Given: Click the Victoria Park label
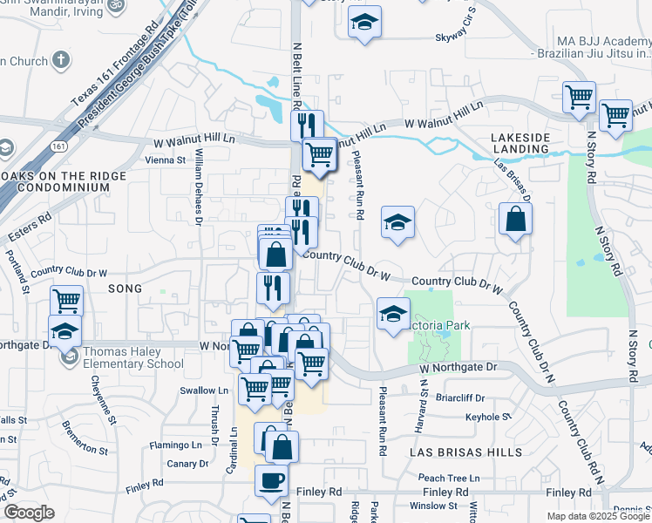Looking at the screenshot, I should pos(442,325).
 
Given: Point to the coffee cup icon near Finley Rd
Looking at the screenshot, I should pos(271,480).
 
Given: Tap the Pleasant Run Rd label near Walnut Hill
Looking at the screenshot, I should pos(358,183).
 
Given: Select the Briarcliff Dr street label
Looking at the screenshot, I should pos(462,397).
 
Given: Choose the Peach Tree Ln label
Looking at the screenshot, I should pos(449,478).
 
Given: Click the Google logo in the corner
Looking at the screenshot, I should pos(29,513).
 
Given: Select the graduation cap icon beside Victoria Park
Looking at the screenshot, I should pos(393,312).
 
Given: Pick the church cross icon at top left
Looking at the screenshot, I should pos(59,60).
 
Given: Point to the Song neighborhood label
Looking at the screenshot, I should pos(123,287).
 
